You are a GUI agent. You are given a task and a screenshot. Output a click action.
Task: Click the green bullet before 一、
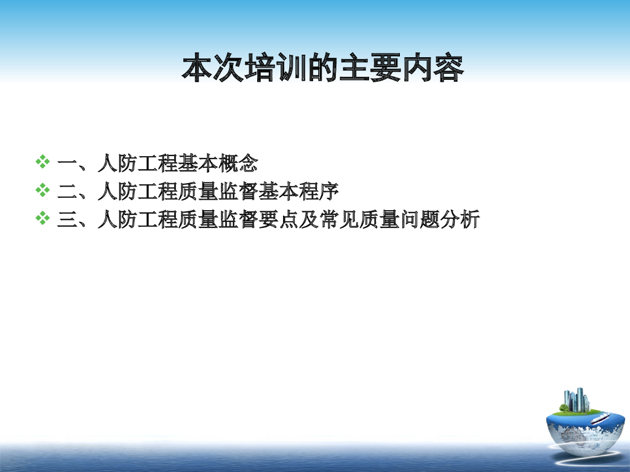42,162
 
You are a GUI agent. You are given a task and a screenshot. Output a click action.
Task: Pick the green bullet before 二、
42,190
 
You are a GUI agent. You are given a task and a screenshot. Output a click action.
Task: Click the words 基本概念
218,163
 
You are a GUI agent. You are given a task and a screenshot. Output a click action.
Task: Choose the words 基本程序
298,191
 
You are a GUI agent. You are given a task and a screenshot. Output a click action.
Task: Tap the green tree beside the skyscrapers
564,407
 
